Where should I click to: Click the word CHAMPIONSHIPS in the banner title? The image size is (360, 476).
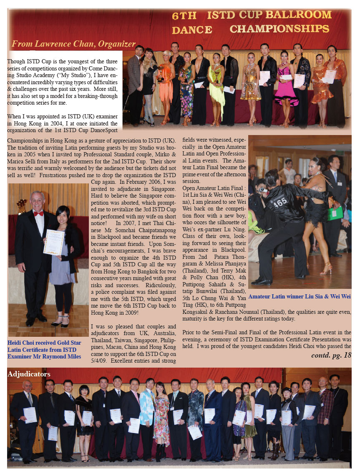coord(279,29)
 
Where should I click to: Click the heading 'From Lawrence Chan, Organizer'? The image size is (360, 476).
coord(73,44)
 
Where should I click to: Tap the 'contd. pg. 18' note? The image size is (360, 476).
coord(331,355)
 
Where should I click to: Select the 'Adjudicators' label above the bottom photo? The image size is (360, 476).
coord(29,374)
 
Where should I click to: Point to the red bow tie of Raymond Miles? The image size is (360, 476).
coord(38,213)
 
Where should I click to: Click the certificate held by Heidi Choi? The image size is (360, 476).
coord(54,242)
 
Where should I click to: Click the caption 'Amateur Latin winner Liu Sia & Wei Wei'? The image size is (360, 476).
coord(299,296)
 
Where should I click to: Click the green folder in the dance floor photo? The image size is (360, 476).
coord(335,213)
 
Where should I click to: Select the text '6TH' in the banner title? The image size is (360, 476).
coord(184,16)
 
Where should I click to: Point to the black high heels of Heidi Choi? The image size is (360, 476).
coord(59,321)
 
